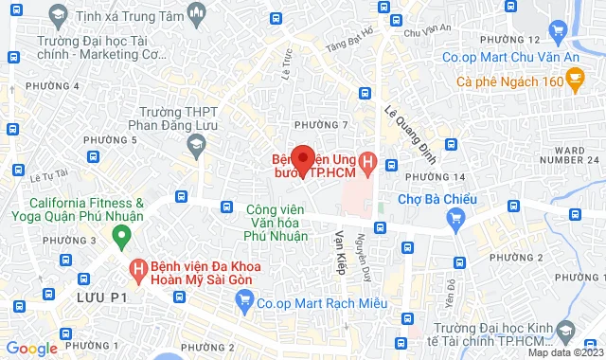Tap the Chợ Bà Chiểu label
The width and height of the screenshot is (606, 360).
tap(436, 199)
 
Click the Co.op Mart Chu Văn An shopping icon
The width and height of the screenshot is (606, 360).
tap(560, 35)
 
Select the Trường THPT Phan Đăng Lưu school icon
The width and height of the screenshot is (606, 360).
tap(197, 145)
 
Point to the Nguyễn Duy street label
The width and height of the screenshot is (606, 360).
tap(361, 254)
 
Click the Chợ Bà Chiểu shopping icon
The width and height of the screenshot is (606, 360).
tap(456, 219)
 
